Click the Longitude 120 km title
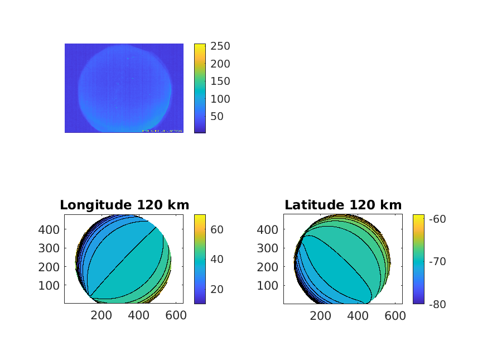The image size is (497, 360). click(124, 205)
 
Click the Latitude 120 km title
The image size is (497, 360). click(343, 205)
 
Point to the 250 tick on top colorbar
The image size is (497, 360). click(220, 46)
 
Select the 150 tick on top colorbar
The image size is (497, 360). click(220, 81)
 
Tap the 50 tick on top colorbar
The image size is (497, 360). click(217, 116)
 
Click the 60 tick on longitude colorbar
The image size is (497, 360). click(216, 229)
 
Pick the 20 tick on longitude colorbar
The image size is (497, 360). click(216, 289)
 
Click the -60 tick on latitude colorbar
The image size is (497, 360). click(437, 219)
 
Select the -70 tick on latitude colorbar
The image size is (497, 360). click(437, 261)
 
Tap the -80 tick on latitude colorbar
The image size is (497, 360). click(437, 304)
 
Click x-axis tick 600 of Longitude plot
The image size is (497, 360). click(175, 315)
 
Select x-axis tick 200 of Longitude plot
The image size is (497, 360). click(101, 315)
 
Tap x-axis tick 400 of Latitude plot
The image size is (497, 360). click(358, 315)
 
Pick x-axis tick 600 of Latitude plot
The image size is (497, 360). click(394, 315)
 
